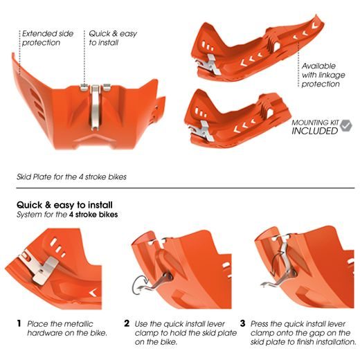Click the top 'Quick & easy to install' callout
tap(109, 37)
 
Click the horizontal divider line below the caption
tap(180, 188)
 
